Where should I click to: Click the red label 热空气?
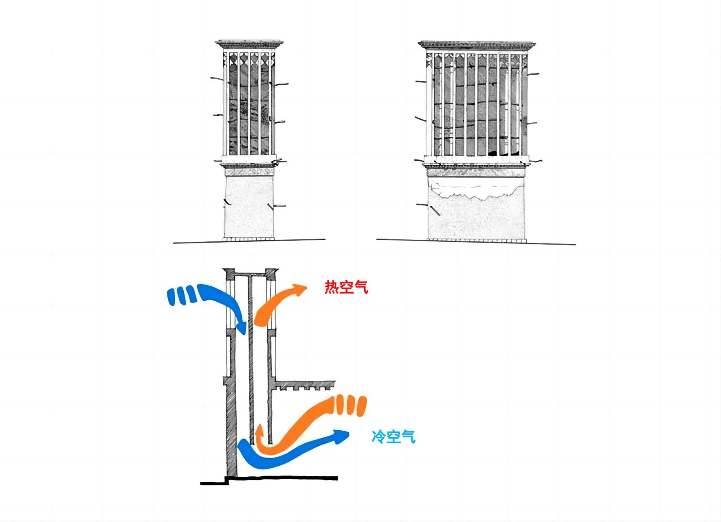click(x=346, y=288)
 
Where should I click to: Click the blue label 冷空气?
click(x=393, y=437)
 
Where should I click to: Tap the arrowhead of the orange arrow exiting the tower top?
click(x=301, y=290)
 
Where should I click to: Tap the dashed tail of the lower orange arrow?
click(x=351, y=405)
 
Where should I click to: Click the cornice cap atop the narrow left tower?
click(x=250, y=44)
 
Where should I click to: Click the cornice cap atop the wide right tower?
click(x=477, y=45)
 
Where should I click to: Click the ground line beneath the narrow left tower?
click(x=249, y=241)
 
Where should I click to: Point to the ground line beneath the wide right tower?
click(x=476, y=242)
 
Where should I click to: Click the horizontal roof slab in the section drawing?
click(x=305, y=384)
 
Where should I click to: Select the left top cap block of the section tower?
click(x=229, y=273)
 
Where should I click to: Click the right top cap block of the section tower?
click(x=271, y=273)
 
